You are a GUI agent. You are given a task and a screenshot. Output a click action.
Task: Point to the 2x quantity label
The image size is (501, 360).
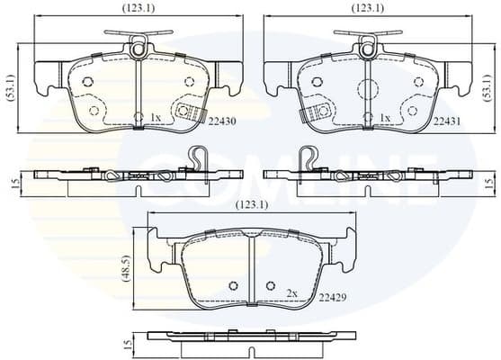(291, 293)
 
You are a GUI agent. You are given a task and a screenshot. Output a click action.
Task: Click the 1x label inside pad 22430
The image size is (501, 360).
(154, 117)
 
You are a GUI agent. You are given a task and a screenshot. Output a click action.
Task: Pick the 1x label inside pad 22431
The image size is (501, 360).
(385, 117)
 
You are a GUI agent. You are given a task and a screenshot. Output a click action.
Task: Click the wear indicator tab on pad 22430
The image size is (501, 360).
(187, 112)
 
